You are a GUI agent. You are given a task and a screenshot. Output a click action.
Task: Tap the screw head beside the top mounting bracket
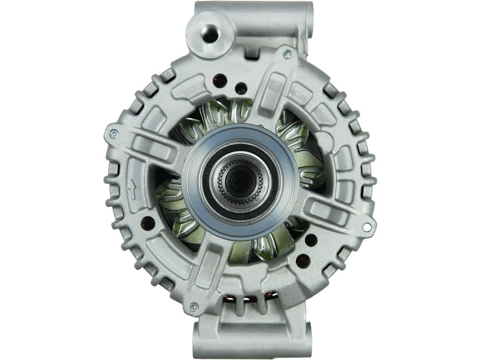pos(287,55)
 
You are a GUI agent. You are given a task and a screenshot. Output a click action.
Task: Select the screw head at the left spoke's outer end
pos(114,133)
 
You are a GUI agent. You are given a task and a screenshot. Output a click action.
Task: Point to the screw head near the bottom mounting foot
pos(194,307)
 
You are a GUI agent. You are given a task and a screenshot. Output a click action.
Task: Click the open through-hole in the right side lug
pos(367,227)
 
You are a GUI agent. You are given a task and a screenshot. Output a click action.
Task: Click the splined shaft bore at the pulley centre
pos(240,181)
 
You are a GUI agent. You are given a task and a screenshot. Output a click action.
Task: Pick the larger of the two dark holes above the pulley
pos(220,80)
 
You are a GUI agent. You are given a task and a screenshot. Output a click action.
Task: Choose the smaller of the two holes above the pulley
pos(241,88)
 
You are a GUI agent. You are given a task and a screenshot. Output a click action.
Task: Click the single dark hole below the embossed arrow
pos(148,223)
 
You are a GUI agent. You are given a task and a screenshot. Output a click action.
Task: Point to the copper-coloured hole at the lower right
pos(303,260)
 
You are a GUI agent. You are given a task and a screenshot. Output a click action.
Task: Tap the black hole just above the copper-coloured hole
pos(311,240)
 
